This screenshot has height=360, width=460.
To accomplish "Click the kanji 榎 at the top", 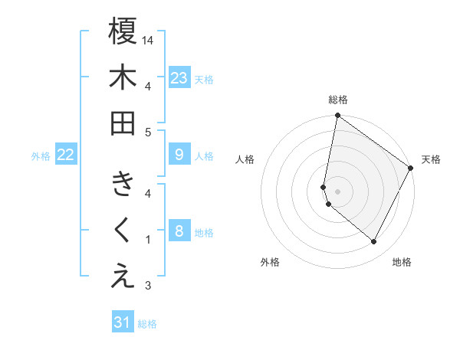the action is (123, 32).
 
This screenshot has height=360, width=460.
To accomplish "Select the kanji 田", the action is (123, 123).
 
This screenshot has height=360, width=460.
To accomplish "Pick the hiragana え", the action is (123, 277).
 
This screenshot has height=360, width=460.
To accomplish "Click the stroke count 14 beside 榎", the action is (149, 39).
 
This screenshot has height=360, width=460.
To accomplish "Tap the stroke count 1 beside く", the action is (149, 240).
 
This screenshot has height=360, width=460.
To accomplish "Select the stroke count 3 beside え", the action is (149, 286).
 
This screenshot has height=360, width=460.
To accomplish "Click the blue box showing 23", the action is (179, 78).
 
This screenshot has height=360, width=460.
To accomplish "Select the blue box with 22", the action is (66, 155).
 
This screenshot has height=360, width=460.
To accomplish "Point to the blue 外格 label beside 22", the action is (41, 156).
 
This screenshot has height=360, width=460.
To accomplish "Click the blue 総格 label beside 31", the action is (147, 324).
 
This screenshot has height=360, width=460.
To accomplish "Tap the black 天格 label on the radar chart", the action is (431, 159).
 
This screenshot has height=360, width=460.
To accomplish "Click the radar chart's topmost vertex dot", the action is (337, 116).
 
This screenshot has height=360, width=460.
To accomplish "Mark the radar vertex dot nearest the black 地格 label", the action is (374, 242).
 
